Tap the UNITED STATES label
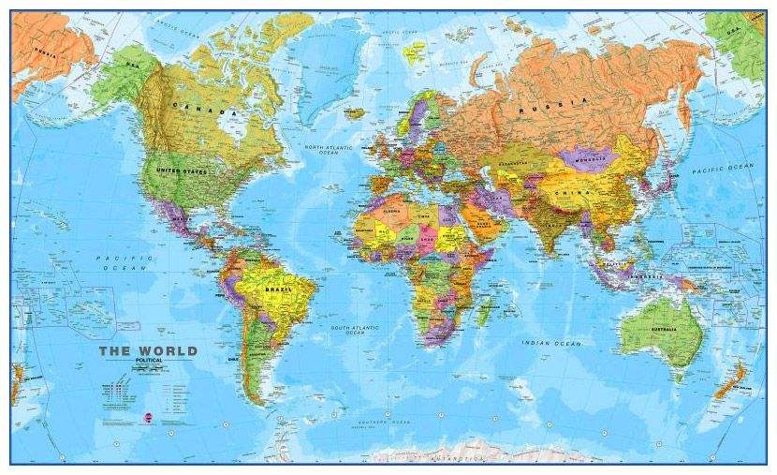181,171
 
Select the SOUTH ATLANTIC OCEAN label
353,330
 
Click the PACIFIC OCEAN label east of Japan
723,168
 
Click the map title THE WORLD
149,352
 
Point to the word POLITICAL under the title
149,362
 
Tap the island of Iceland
353,112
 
